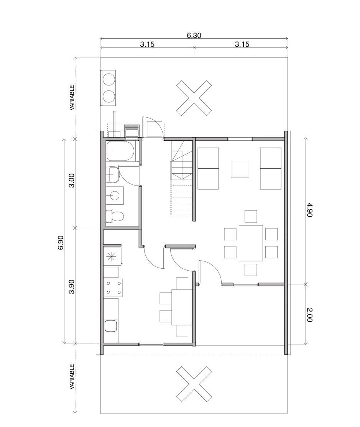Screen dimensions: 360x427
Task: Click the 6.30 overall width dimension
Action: coord(194,35)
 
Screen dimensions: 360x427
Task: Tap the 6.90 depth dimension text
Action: coord(61,243)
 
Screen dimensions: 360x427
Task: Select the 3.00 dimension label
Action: coord(71,181)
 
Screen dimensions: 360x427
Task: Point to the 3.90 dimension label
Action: coord(71,287)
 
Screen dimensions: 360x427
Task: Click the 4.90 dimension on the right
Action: coord(309,210)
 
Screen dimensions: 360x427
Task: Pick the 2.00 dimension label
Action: coord(309,315)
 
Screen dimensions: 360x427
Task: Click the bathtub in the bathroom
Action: coord(120,151)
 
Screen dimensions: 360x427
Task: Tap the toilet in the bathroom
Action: coord(115,217)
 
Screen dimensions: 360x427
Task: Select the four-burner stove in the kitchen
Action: coord(113,287)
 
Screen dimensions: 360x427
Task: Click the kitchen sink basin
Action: coord(110,326)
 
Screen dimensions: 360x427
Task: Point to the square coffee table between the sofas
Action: coord(240,169)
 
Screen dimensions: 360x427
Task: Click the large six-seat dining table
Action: coord(251,243)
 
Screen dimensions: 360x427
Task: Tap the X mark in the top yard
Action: coord(194,98)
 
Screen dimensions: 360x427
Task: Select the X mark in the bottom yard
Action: coord(194,384)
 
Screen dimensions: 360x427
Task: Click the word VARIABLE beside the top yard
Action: coord(72,97)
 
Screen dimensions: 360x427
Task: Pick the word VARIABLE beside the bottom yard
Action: coord(72,377)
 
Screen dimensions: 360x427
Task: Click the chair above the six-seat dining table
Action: coord(251,216)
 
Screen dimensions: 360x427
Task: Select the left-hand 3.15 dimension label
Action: coord(147,44)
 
